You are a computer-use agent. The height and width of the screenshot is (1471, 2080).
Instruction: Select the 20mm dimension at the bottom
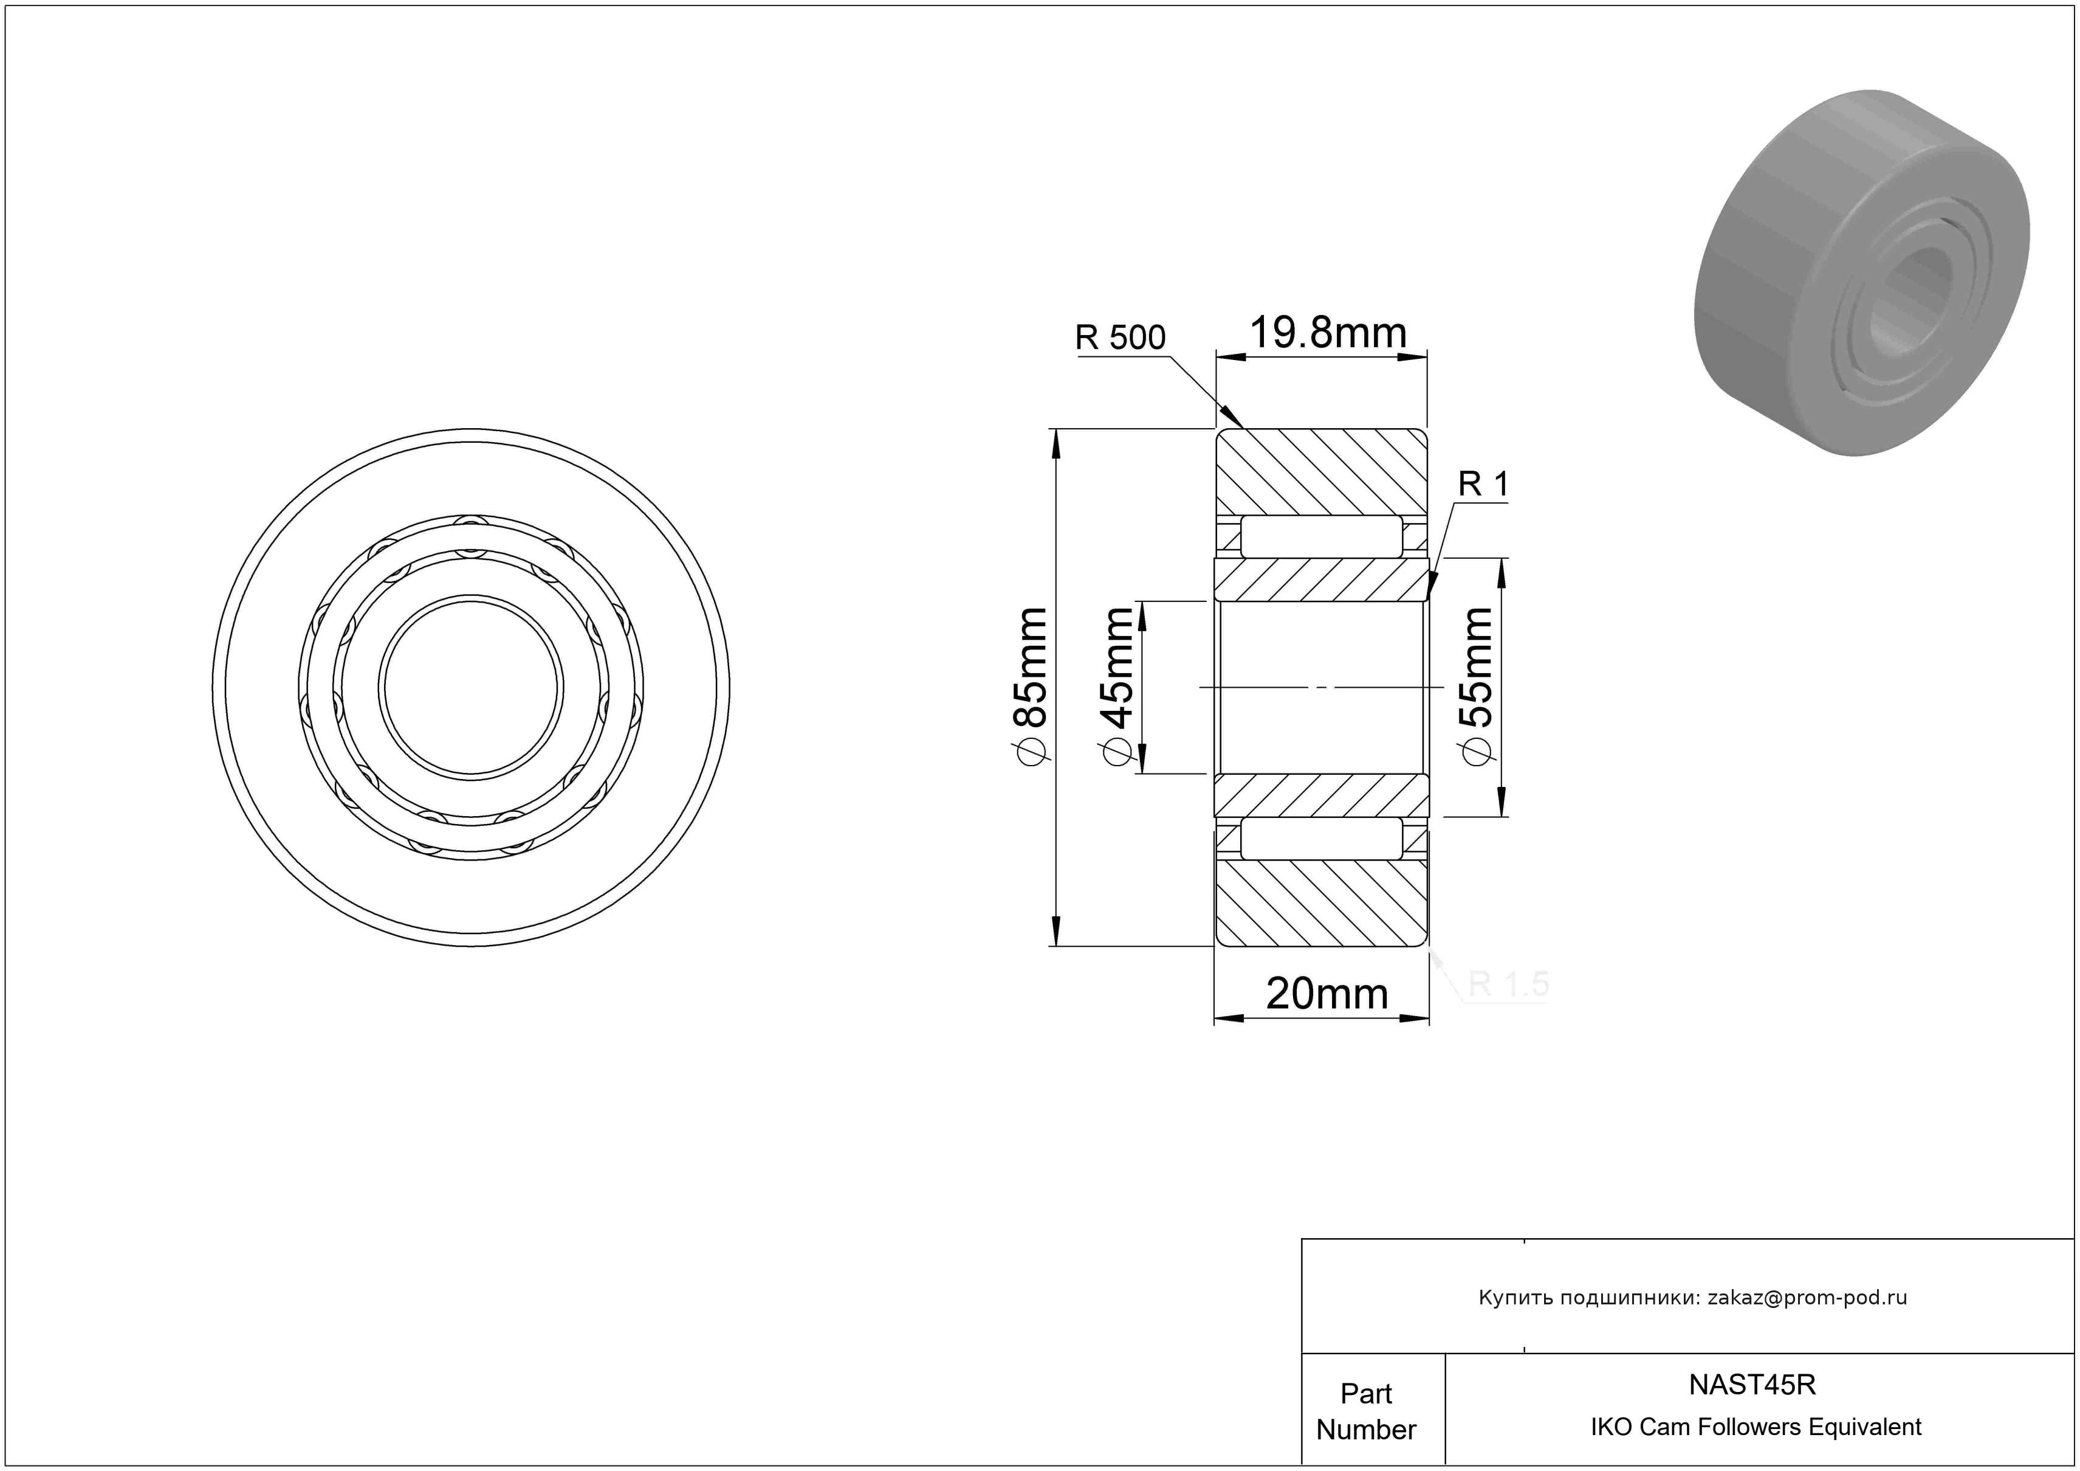click(1327, 994)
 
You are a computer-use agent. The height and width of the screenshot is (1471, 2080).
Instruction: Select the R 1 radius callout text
click(1484, 484)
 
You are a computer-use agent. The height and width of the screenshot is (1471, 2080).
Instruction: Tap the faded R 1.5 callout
click(1508, 985)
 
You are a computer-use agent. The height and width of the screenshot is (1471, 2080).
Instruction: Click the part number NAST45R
click(1752, 1385)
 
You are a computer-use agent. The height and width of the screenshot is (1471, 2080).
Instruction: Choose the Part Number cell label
click(1366, 1411)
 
